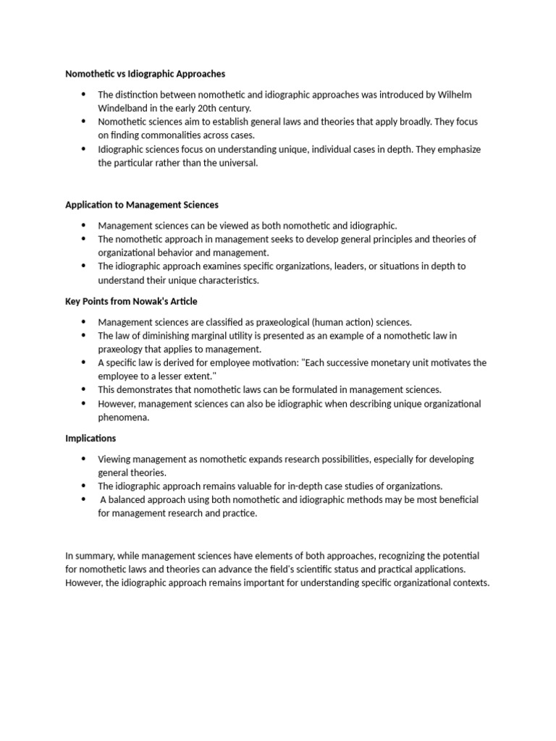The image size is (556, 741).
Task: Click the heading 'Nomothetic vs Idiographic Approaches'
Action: pos(146,74)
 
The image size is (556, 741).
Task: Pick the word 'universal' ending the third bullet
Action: pos(235,163)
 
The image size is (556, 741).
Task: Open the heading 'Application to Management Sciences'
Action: pos(142,206)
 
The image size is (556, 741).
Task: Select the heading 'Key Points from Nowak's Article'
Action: pos(131,301)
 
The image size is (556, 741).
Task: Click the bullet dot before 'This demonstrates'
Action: pos(83,389)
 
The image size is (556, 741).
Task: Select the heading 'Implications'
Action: pos(90,439)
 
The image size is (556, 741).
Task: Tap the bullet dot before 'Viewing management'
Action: pos(83,459)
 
